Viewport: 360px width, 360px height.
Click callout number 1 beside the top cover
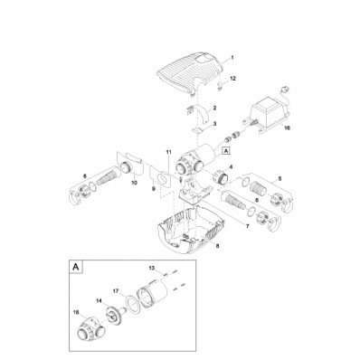point(232,57)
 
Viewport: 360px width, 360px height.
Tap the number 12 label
point(233,79)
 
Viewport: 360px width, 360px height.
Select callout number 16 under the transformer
point(288,128)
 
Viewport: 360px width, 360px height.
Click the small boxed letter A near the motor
point(225,150)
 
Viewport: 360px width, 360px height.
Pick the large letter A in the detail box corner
point(76,267)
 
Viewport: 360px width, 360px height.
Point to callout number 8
point(218,246)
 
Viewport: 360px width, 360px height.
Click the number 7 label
point(248,226)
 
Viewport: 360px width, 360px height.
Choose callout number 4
point(232,166)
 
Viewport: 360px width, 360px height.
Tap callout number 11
point(168,153)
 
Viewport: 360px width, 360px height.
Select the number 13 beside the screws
point(152,267)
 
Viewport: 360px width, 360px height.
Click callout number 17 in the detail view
point(116,291)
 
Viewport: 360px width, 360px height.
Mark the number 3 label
point(214,124)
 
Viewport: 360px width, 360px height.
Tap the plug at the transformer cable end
point(283,89)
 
